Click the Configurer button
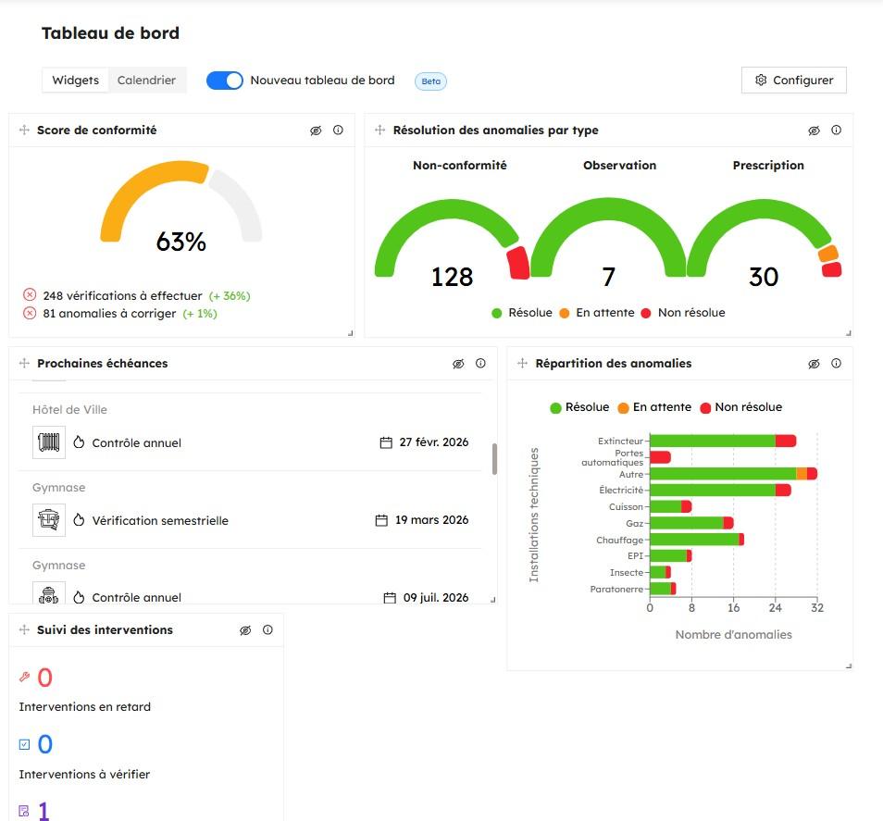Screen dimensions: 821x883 (793, 81)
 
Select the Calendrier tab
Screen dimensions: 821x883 (146, 81)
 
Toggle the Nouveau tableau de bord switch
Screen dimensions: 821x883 (224, 81)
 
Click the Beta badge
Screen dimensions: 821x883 (430, 81)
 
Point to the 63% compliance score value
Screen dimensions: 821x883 (181, 243)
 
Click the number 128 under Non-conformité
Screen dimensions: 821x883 (452, 277)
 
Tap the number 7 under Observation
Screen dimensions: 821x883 (608, 277)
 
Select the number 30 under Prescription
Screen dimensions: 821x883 (764, 277)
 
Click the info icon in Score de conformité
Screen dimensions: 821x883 (338, 131)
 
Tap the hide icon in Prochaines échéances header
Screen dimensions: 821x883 (458, 364)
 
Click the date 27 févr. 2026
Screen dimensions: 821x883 (433, 442)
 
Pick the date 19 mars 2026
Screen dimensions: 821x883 (431, 520)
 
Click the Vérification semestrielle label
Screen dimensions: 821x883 (160, 521)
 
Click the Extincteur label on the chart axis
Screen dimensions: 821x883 (620, 442)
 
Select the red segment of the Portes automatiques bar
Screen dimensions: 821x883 (660, 457)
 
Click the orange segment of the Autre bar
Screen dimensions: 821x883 (802, 474)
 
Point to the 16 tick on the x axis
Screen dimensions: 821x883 (733, 608)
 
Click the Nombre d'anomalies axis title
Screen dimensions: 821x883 (733, 635)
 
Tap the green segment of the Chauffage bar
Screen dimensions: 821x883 (693, 540)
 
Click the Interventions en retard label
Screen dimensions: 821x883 (84, 707)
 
